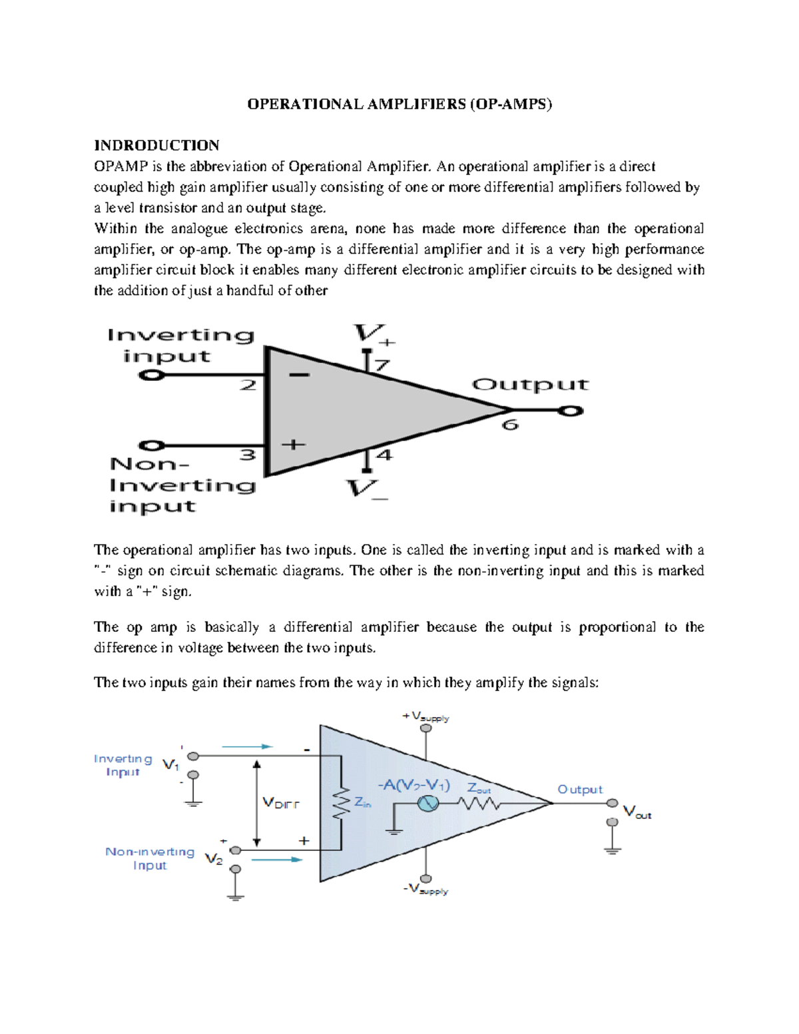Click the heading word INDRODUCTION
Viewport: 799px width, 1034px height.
pyautogui.click(x=156, y=146)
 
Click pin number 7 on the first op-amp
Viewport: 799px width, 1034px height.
pyautogui.click(x=382, y=366)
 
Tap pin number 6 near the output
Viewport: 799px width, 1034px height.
pyautogui.click(x=510, y=425)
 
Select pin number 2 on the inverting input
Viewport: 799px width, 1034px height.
pyautogui.click(x=248, y=385)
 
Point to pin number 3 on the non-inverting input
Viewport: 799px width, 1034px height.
pyautogui.click(x=248, y=455)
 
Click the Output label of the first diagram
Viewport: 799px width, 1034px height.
pyautogui.click(x=530, y=385)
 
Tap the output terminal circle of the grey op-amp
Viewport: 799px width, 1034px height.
pyautogui.click(x=570, y=411)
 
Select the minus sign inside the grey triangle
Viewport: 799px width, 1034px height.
pyautogui.click(x=299, y=375)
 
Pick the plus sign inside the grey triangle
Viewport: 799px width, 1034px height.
pyautogui.click(x=294, y=444)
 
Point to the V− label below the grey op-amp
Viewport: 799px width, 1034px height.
pyautogui.click(x=367, y=489)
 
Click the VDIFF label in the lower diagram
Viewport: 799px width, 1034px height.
pyautogui.click(x=281, y=804)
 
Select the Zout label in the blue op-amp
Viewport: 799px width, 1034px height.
pyautogui.click(x=479, y=788)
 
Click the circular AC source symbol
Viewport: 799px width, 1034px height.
pyautogui.click(x=428, y=804)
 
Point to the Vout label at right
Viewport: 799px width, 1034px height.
pyautogui.click(x=637, y=812)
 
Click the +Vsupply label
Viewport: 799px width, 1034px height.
pyautogui.click(x=425, y=716)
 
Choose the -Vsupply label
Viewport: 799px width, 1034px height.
pyautogui.click(x=425, y=889)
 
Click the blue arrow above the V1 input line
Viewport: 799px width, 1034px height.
pyautogui.click(x=247, y=746)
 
